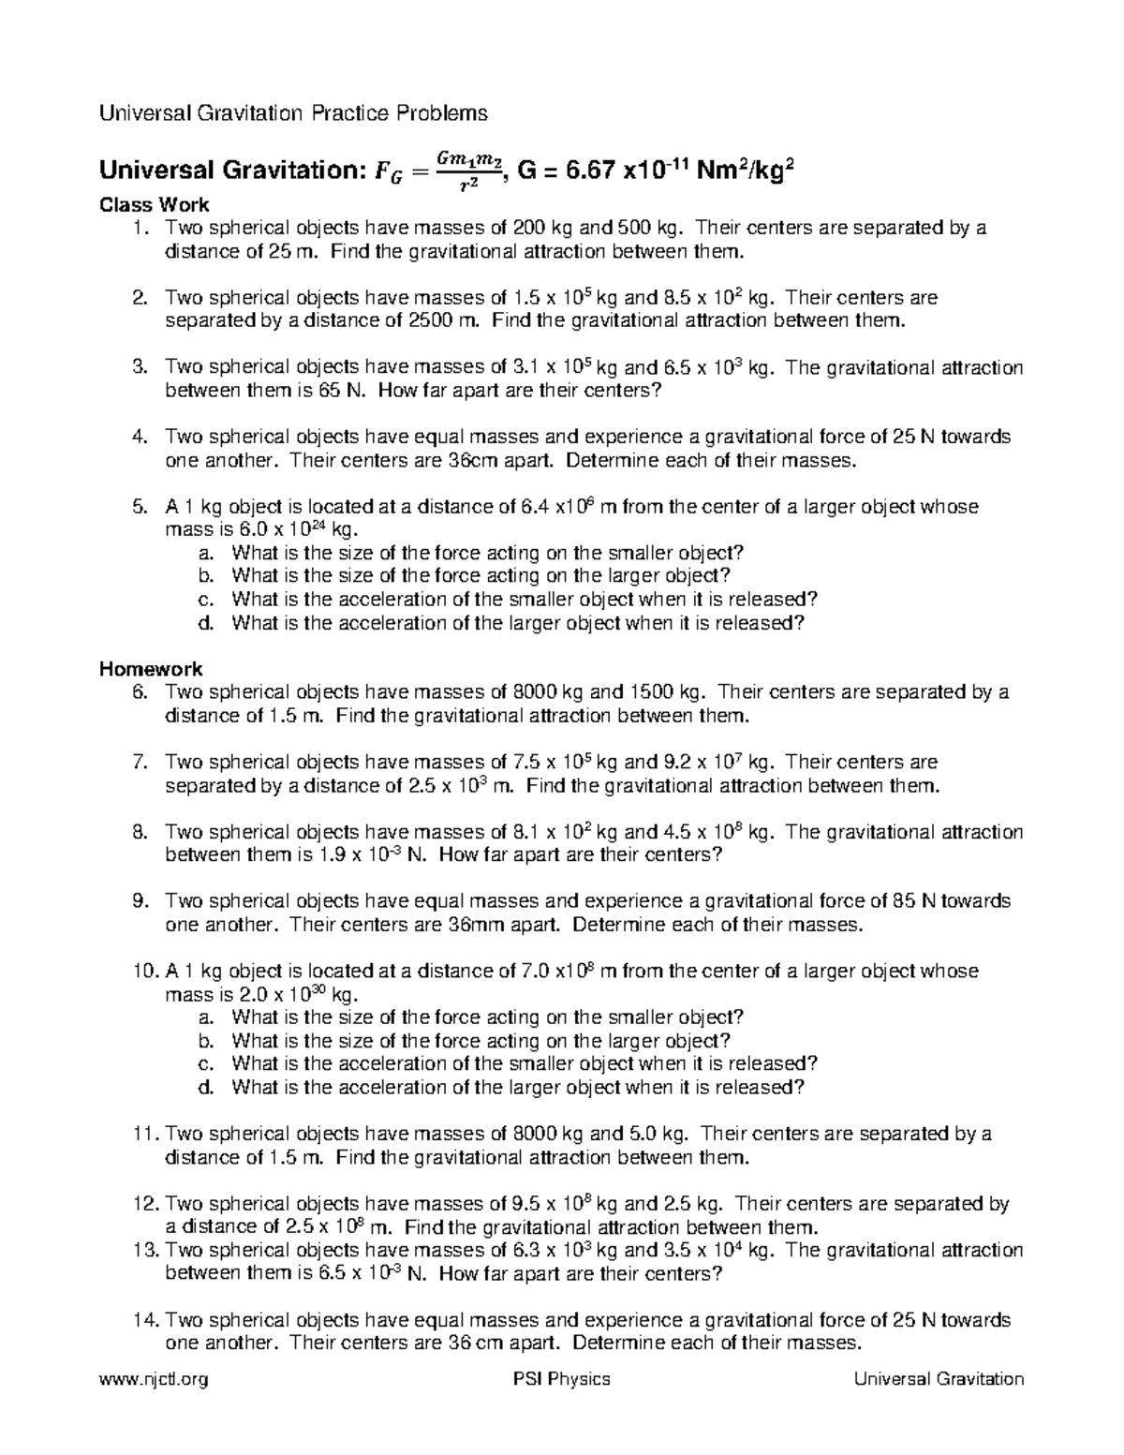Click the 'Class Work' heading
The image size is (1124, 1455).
click(x=155, y=204)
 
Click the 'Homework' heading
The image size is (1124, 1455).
click(x=151, y=669)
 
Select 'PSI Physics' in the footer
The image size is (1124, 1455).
click(x=556, y=1378)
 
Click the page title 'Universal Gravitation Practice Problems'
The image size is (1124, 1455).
click(x=294, y=114)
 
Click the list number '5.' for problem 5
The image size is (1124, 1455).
click(x=140, y=507)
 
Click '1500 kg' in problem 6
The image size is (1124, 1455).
click(x=666, y=692)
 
